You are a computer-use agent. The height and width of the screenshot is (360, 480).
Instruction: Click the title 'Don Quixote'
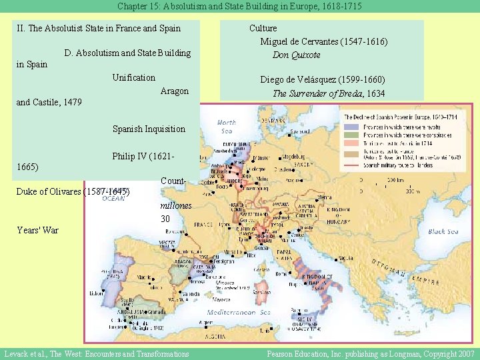pos(296,55)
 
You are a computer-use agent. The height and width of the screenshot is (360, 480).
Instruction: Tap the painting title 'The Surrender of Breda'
pos(312,93)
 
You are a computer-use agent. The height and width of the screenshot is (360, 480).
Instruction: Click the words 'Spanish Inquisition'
pos(149,129)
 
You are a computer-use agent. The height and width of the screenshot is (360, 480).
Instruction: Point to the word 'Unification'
pos(133,77)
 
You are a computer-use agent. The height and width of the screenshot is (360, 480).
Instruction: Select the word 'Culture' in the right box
pos(263,28)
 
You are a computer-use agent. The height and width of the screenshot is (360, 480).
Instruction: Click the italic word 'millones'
pos(176,206)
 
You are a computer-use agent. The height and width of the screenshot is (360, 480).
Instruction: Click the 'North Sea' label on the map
pos(227,127)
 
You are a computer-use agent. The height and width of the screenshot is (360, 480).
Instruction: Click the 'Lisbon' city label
pos(95,293)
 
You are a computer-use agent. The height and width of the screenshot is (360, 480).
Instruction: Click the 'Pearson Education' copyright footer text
pos(371,353)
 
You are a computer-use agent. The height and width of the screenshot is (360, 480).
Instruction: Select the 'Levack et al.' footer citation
pos(96,353)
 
